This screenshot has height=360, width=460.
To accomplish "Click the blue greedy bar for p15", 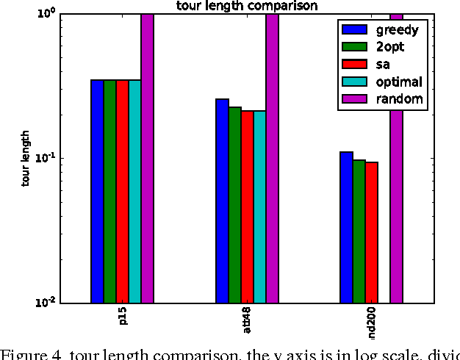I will click(x=97, y=191).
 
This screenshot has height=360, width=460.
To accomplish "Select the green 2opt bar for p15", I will click(x=109, y=191).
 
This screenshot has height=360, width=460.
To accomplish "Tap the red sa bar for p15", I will click(x=122, y=191).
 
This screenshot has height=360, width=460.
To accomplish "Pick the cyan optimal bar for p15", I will click(x=134, y=191).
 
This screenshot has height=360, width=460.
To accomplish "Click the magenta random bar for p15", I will click(x=147, y=158).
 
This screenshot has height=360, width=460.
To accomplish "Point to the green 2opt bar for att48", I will click(x=234, y=205).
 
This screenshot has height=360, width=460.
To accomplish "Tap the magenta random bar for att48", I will click(x=272, y=158).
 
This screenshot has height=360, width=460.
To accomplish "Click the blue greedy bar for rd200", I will click(x=347, y=227).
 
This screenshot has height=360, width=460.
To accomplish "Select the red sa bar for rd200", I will click(x=372, y=232).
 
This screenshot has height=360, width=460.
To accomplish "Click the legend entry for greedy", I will click(x=381, y=31).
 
